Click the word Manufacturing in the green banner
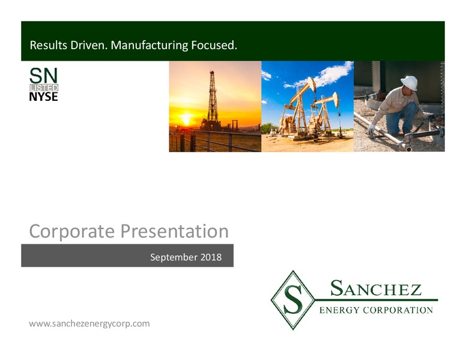click(149, 45)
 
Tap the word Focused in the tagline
click(214, 45)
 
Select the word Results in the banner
click(49, 45)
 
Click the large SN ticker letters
click(43, 76)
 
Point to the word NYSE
click(43, 97)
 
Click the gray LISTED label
click(44, 88)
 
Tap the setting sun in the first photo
click(186, 118)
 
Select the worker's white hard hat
click(410, 83)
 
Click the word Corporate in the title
click(72, 232)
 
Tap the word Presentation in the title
click(175, 232)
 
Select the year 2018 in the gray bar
click(211, 257)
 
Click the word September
click(174, 257)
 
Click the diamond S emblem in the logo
click(292, 300)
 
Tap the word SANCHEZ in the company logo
click(376, 288)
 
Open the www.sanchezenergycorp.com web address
click(89, 323)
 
